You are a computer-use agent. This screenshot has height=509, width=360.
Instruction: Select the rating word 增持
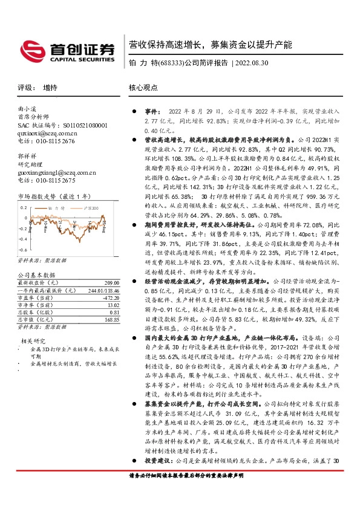(50, 88)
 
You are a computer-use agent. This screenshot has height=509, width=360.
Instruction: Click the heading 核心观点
(143, 88)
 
